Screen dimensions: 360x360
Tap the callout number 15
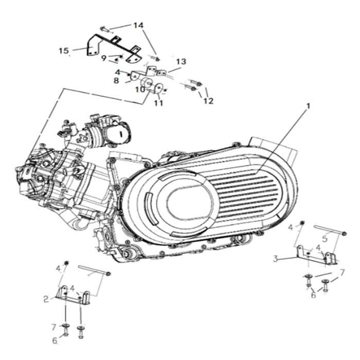[64, 50]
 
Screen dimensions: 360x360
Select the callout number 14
[138, 25]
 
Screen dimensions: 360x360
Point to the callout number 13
[181, 62]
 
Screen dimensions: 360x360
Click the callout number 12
[208, 101]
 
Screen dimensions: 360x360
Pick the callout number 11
[158, 103]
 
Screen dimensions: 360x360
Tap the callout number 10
[139, 89]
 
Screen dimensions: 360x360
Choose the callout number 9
[104, 58]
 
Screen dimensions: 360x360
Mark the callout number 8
[116, 80]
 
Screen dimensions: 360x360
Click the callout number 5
[325, 239]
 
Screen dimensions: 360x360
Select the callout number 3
[275, 259]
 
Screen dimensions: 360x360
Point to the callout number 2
[46, 298]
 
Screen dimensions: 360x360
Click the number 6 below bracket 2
[55, 341]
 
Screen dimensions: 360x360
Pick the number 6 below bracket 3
[313, 295]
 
